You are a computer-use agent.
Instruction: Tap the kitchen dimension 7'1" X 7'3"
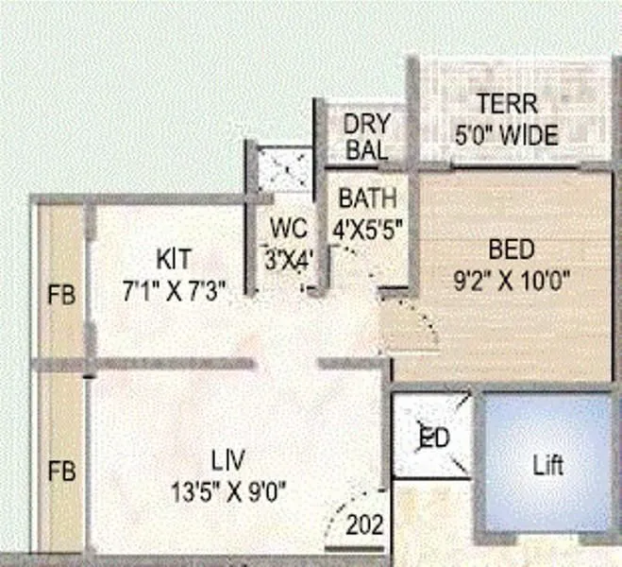click(x=175, y=292)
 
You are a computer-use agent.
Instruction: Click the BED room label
click(x=512, y=250)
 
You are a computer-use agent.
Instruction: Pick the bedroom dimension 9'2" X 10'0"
click(x=513, y=281)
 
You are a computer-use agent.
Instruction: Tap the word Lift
click(x=547, y=466)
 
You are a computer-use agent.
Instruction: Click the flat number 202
click(x=365, y=524)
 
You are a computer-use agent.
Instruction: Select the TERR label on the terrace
click(x=507, y=103)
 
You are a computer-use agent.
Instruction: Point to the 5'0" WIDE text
click(x=507, y=135)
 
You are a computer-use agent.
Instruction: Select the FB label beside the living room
click(x=61, y=470)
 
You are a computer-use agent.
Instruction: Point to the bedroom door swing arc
click(x=415, y=326)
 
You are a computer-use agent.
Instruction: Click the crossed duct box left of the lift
click(x=431, y=438)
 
